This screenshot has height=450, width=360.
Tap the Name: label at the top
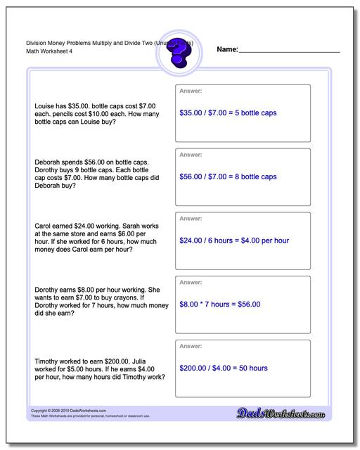(227, 50)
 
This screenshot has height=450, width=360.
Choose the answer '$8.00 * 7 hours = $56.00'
(219, 304)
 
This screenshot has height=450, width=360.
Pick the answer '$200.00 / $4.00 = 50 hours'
(224, 368)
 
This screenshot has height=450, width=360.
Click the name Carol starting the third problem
(44, 227)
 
